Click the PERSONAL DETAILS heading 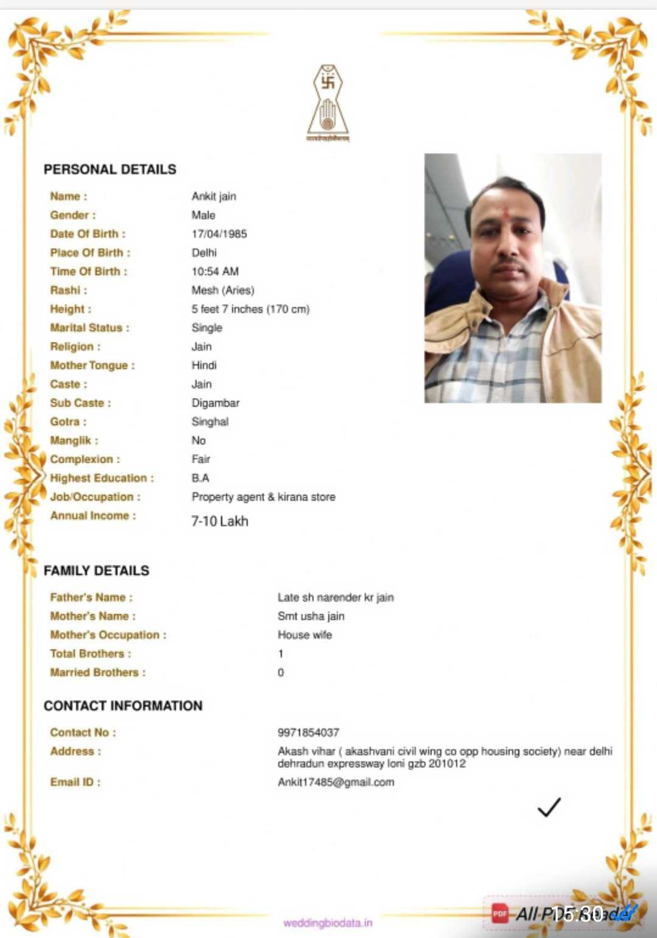pos(110,169)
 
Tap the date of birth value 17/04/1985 pos(219,234)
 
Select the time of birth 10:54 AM pos(215,272)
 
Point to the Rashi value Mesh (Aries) pos(223,291)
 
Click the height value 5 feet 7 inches pos(250,310)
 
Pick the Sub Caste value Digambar pos(216,403)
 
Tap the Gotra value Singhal pos(210,422)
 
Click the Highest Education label pos(102,478)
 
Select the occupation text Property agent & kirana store pos(263,497)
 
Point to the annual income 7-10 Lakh pos(220,522)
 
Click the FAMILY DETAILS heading pos(96,571)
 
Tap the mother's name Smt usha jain pos(311,616)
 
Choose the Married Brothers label pos(97,673)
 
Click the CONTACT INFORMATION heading pos(123,706)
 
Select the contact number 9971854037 pos(308,733)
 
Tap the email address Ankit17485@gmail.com pos(336,783)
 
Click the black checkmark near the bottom pos(549,807)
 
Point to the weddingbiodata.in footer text pos(328,923)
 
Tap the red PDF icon pos(500,913)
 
